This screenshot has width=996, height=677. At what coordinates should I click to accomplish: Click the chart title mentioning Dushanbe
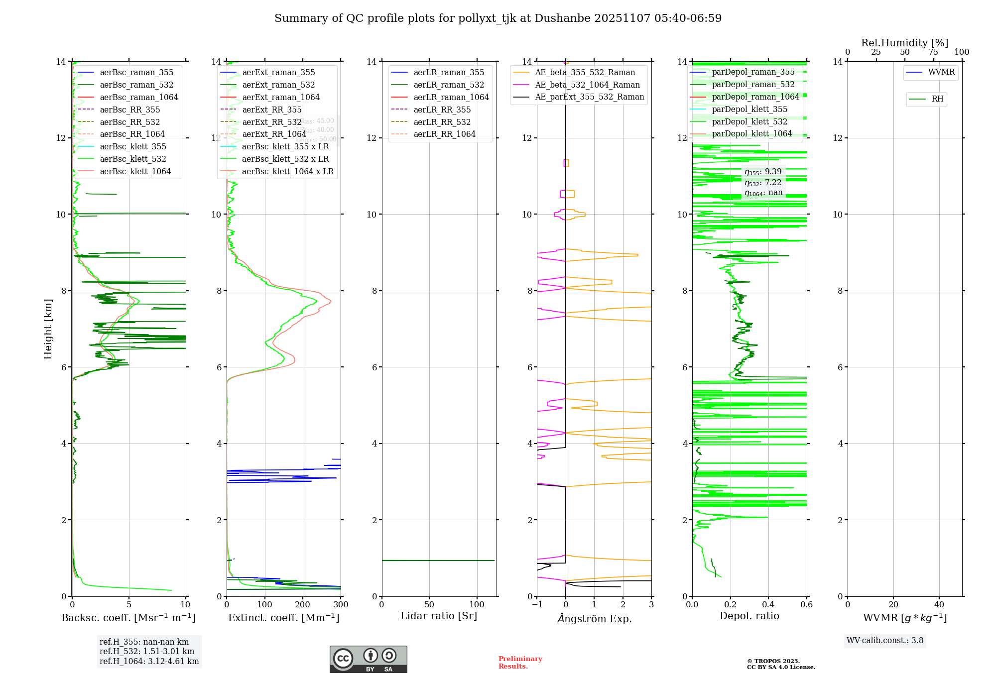[498, 18]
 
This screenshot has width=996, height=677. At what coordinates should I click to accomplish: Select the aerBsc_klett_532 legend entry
[133, 159]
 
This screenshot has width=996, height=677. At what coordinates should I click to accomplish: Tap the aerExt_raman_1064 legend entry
[281, 98]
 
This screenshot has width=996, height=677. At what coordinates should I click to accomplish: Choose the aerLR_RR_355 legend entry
[442, 110]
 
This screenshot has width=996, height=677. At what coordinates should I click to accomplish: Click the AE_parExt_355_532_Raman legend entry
[589, 97]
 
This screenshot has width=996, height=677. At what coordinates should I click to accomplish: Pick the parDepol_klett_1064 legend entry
[751, 134]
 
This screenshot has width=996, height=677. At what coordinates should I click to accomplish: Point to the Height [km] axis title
[48, 329]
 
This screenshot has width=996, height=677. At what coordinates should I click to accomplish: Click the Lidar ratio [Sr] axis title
[439, 616]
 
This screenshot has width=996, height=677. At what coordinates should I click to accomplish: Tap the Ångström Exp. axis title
[594, 619]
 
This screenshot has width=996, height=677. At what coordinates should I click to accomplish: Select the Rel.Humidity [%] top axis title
[904, 43]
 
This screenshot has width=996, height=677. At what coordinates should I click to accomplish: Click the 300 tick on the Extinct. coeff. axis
[341, 605]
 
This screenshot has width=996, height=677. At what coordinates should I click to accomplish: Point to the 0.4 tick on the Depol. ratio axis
[768, 605]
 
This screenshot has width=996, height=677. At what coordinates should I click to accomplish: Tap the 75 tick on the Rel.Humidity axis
[933, 52]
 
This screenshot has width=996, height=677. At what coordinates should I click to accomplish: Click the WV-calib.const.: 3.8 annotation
[885, 641]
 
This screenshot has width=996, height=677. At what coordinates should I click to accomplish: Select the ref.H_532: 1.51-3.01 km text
[147, 652]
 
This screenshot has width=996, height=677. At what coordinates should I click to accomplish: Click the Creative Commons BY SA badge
[368, 659]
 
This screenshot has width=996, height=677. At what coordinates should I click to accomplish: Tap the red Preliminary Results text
[520, 663]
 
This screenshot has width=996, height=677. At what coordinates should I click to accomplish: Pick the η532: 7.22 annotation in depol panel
[763, 183]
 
